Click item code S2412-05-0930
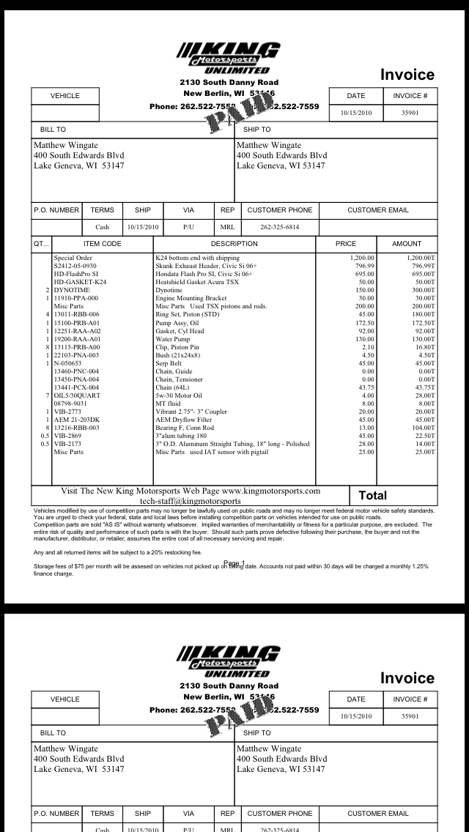pyautogui.click(x=75, y=266)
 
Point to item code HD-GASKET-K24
pyautogui.click(x=80, y=282)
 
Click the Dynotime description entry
pyautogui.click(x=169, y=291)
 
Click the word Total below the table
pyautogui.click(x=372, y=496)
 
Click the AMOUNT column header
pyautogui.click(x=407, y=244)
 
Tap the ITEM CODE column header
pyautogui.click(x=103, y=244)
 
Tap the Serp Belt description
pyautogui.click(x=169, y=363)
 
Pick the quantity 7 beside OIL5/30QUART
pyautogui.click(x=48, y=395)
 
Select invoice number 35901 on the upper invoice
pyautogui.click(x=410, y=113)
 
